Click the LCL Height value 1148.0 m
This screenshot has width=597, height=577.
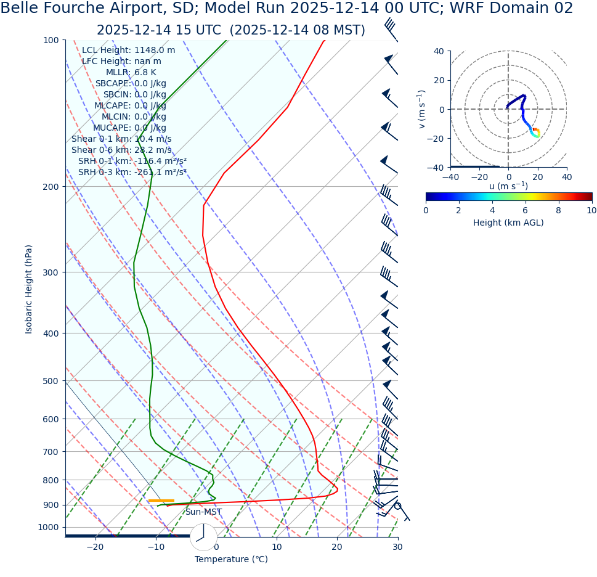point(154,51)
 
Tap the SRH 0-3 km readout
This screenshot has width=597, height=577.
point(132,173)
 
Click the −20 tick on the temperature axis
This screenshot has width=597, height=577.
point(95,547)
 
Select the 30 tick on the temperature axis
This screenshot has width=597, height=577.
point(397,547)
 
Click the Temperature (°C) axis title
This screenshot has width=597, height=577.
point(231,560)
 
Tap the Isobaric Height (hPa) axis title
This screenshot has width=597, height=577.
point(29,289)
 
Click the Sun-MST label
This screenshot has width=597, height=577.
point(203,512)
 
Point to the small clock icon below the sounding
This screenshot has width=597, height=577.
point(203,537)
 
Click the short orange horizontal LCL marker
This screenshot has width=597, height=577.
point(161,501)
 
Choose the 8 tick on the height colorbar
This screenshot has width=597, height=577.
point(559,210)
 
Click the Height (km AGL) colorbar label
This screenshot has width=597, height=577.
point(508,223)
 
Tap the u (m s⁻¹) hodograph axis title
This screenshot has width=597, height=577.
point(508,187)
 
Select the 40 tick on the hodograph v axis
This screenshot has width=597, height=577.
point(438,51)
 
